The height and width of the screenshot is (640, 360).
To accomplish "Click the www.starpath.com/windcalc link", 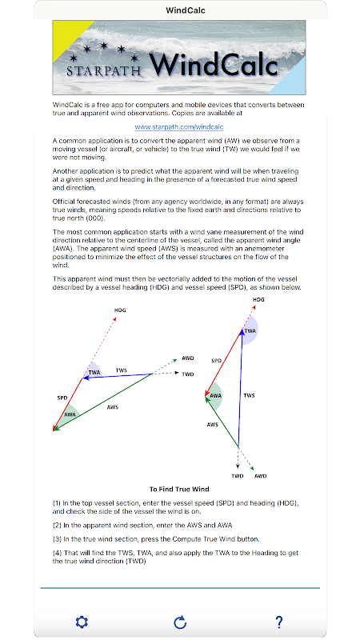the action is point(179,127).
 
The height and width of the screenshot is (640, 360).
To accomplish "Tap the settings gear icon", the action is point(82,622).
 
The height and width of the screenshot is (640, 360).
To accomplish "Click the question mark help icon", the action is point(278,622).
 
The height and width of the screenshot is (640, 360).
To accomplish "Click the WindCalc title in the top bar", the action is point(186,10).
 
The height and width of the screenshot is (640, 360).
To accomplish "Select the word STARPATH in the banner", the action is point(104,70).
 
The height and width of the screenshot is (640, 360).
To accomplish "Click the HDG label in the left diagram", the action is point(120,310).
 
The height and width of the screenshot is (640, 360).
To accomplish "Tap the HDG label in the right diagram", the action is point(258,299).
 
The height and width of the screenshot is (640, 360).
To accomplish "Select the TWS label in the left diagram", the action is point(122,370).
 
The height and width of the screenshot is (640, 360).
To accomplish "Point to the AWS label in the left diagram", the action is point(113,407).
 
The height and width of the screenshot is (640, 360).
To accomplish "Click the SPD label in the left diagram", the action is point(62,398).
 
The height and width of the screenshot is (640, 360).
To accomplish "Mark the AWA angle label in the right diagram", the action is point(215,395).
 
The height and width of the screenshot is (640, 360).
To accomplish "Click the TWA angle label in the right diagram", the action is point(250,330).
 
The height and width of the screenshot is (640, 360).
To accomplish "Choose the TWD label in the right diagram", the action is point(238,476).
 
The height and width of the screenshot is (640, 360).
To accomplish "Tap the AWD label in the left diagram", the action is point(188,358).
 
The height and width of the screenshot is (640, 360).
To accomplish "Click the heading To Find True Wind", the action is point(179,489).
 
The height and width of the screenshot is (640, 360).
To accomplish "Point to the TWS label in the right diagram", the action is point(249,395).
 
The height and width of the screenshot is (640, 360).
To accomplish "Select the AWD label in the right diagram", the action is point(261,476).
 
